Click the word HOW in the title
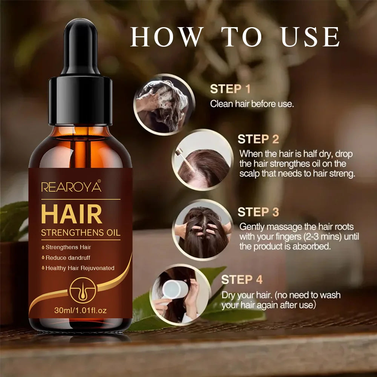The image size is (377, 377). (x=166, y=37)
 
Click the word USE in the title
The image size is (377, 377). (x=311, y=37)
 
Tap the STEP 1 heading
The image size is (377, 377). (x=230, y=89)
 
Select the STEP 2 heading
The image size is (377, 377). (x=258, y=139)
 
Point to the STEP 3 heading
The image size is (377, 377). (x=258, y=212)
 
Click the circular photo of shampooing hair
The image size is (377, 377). (x=163, y=104)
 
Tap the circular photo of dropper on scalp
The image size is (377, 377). (x=202, y=160)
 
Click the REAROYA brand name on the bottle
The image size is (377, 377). (x=71, y=187)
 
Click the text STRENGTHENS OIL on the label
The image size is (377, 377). (x=80, y=232)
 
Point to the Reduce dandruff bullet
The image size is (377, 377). (x=68, y=258)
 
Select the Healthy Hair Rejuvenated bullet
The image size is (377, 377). (x=80, y=268)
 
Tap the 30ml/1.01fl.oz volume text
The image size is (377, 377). (x=80, y=311)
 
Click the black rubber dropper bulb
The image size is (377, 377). (x=80, y=47)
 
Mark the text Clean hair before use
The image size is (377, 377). (x=251, y=104)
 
